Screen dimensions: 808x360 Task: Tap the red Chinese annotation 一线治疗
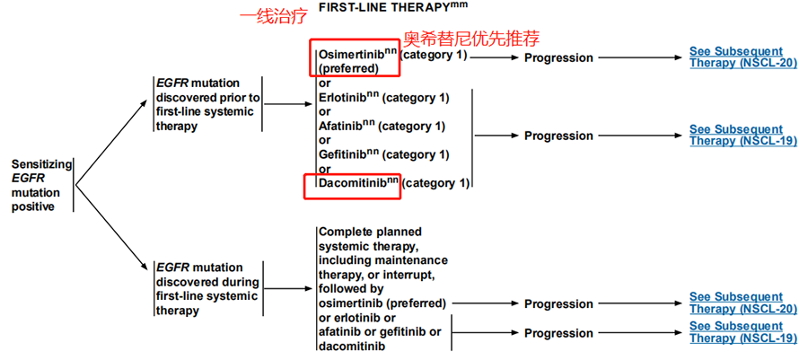(x=274, y=18)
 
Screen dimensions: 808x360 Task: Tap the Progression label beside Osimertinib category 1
(x=558, y=58)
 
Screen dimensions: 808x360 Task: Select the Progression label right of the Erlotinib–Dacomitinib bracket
(x=558, y=136)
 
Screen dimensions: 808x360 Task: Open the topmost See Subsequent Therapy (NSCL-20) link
(x=743, y=57)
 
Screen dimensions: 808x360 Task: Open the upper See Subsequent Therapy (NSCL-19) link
(x=743, y=135)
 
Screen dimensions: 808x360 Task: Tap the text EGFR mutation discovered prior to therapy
(x=207, y=104)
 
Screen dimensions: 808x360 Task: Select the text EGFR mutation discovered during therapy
(x=207, y=289)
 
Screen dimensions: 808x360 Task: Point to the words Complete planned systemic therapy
(x=371, y=239)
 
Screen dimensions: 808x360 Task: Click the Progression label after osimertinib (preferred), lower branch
(x=558, y=303)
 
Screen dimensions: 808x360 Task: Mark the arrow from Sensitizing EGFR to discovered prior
(x=111, y=143)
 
